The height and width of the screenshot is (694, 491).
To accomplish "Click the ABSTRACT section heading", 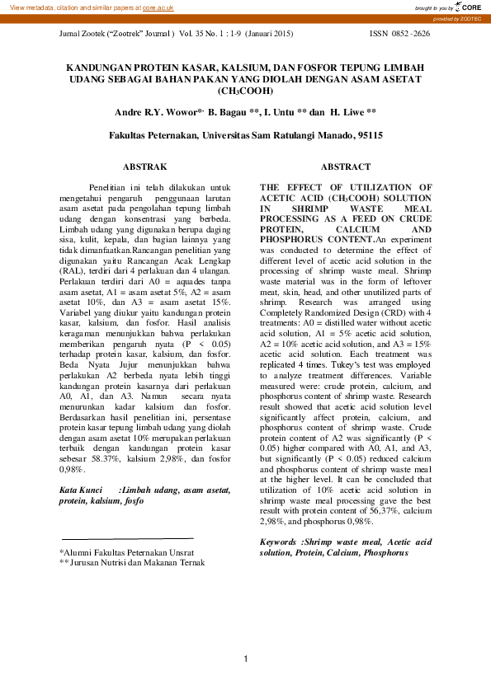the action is [x=339, y=166].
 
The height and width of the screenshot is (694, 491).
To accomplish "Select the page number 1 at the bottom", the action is [x=245, y=658].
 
